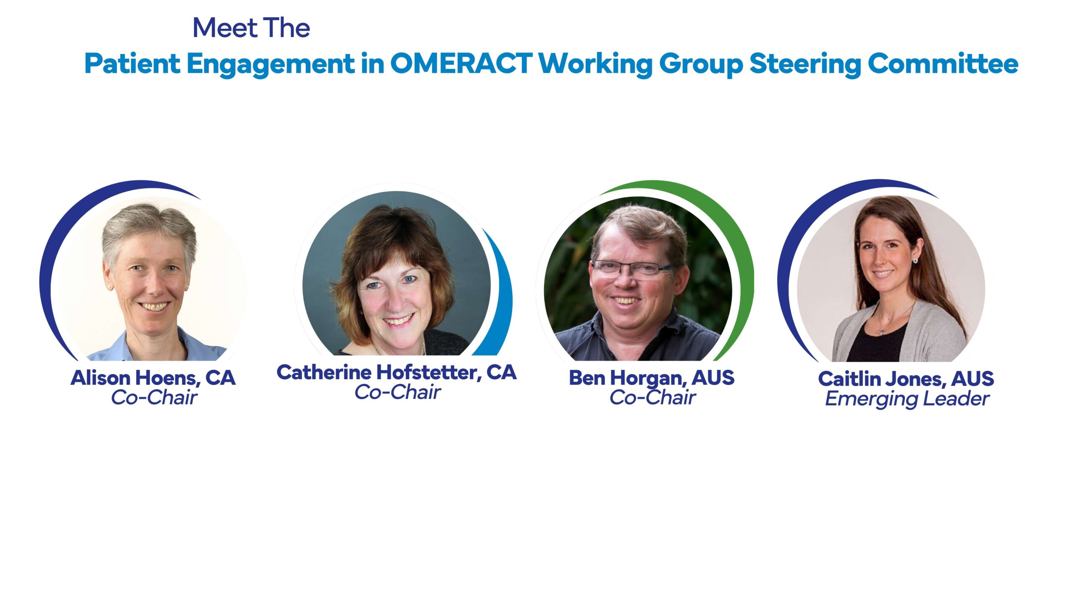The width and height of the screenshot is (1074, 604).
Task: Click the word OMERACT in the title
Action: [x=461, y=63]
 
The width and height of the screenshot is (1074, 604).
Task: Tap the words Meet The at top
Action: [x=251, y=28]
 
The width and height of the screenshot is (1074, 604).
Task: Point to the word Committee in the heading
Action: [x=943, y=63]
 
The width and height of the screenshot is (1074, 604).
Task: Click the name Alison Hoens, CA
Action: [x=153, y=378]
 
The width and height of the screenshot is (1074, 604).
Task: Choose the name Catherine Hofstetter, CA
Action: [x=396, y=372]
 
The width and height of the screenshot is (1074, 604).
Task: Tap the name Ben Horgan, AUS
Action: [x=652, y=378]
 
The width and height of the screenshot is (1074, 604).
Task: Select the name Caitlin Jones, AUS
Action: [x=906, y=379]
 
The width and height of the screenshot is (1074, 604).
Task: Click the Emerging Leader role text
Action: [x=907, y=399]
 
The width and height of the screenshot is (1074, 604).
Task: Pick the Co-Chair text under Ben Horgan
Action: [x=652, y=397]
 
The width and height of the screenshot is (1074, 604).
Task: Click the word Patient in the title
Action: [x=132, y=63]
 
